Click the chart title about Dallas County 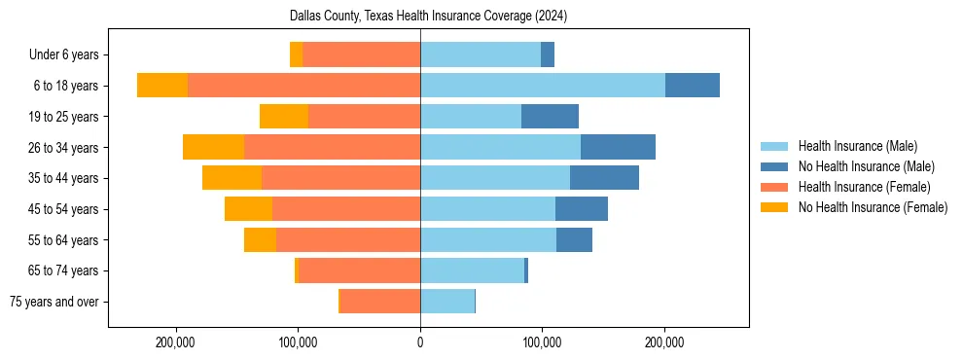click(x=428, y=17)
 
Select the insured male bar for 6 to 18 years click(x=543, y=85)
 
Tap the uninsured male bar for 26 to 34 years click(x=618, y=147)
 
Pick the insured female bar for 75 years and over click(x=379, y=302)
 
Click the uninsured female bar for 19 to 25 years click(x=284, y=116)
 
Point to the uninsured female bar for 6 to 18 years click(x=162, y=85)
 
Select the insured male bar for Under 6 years click(x=481, y=54)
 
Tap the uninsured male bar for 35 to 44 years click(x=604, y=178)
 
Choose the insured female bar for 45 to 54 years click(x=346, y=208)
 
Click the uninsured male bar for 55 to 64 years click(x=574, y=239)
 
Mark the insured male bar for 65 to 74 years click(x=472, y=270)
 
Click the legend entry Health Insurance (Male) click(x=856, y=146)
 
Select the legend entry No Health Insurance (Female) click(x=872, y=207)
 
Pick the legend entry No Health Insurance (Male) click(x=865, y=166)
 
